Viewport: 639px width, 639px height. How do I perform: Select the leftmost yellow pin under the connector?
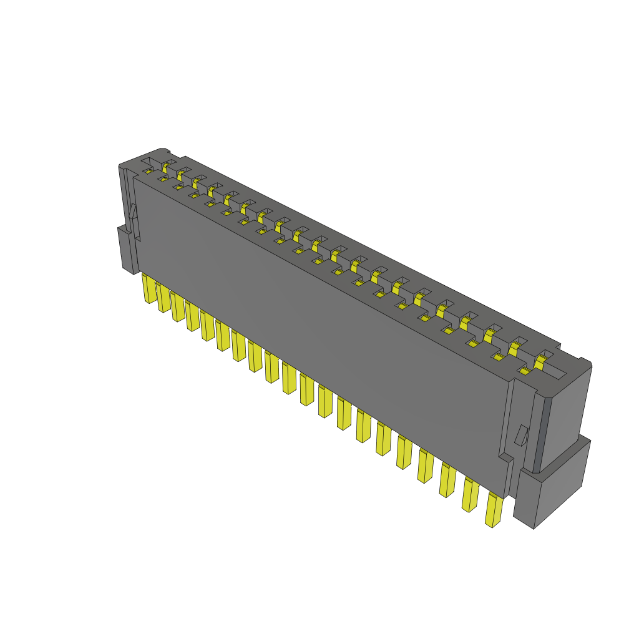(149, 288)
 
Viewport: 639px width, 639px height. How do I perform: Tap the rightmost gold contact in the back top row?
(540, 360)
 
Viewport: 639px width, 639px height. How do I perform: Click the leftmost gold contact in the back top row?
(165, 166)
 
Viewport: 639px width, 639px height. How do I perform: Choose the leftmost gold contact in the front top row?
(149, 170)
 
